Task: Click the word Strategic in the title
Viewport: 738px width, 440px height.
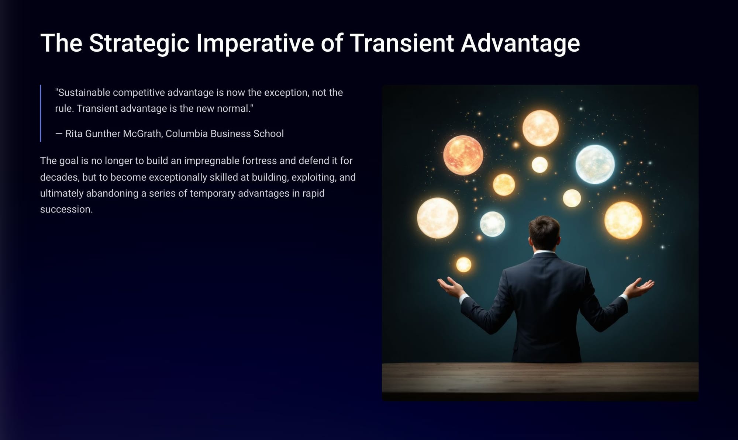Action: [x=139, y=44]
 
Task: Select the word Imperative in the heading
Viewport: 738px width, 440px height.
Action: [x=255, y=44]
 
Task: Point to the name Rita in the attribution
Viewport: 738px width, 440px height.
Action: [x=74, y=134]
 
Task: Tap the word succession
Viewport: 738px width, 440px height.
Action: [x=66, y=209]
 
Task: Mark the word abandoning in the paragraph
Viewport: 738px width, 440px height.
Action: [x=112, y=194]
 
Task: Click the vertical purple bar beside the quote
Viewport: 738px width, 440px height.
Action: [x=41, y=113]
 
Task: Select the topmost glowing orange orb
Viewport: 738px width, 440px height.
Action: [x=541, y=128]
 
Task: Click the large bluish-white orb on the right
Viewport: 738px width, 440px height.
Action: [x=595, y=164]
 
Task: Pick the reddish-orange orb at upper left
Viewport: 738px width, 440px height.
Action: [x=463, y=155]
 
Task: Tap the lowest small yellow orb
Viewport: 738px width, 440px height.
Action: [x=464, y=264]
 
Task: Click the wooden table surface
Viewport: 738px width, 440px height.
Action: [x=540, y=378]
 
